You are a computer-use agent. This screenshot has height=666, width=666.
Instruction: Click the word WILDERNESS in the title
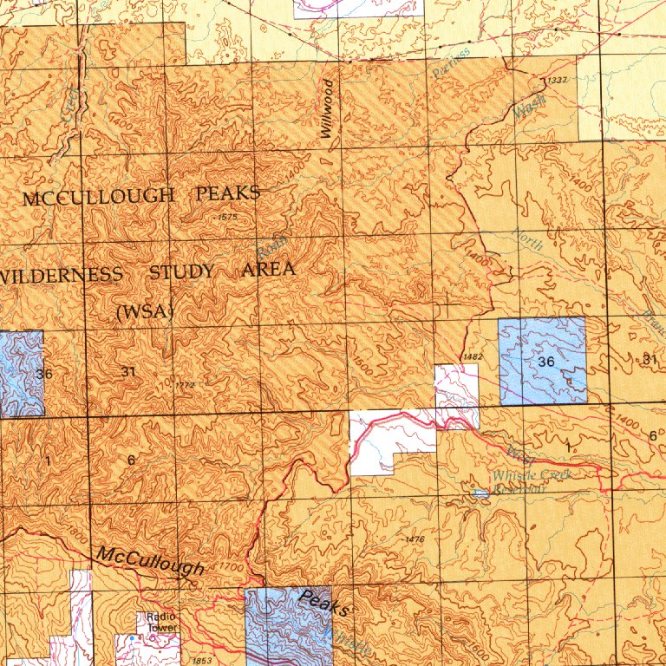61,275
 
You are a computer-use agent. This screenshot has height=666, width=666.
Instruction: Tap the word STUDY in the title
182,272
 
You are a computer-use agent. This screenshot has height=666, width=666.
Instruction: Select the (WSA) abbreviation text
145,311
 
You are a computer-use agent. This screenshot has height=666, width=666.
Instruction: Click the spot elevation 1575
228,217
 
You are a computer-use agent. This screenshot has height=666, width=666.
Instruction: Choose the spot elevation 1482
473,356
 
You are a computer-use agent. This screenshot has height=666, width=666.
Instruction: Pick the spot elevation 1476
415,539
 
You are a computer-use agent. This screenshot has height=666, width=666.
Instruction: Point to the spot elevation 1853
201,661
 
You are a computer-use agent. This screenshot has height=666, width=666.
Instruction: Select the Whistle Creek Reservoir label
519,480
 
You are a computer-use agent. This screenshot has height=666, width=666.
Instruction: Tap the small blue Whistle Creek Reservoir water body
480,493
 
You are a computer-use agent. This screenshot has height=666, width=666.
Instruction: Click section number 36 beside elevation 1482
545,361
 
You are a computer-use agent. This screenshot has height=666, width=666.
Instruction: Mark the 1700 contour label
232,567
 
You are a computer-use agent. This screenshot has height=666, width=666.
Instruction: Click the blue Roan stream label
271,247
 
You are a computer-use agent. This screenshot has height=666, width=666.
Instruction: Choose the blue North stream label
528,238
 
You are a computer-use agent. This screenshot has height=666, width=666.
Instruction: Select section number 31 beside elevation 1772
128,371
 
